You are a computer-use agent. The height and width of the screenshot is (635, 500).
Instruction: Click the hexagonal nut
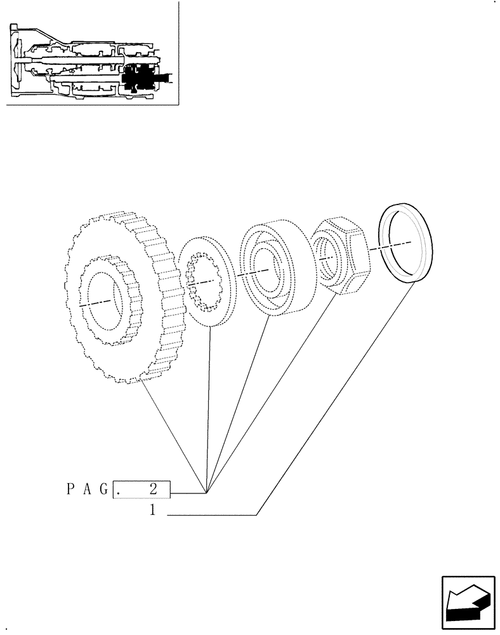click(x=339, y=254)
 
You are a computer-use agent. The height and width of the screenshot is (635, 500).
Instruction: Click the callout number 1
click(x=153, y=509)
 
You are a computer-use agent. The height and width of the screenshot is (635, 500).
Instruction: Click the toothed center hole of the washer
click(x=201, y=283)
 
